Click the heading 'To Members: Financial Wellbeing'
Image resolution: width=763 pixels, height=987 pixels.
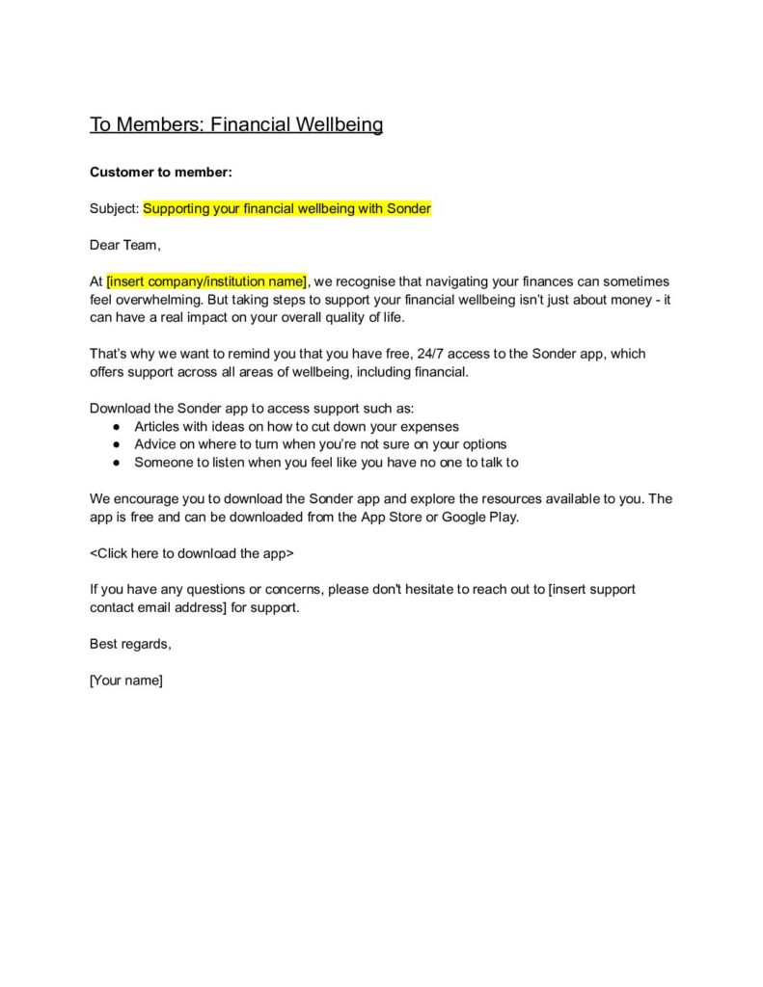click(x=236, y=124)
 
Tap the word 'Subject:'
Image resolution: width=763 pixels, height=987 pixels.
click(x=115, y=208)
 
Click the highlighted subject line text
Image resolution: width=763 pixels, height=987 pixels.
click(x=287, y=208)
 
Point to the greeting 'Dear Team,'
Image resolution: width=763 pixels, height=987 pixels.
click(x=125, y=245)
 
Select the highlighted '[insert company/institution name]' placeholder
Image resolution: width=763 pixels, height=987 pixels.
click(x=206, y=280)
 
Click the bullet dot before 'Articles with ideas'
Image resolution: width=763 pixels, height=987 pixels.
click(x=116, y=426)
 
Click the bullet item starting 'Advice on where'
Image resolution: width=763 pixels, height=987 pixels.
click(x=320, y=444)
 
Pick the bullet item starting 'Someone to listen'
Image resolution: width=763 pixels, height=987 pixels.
click(x=326, y=462)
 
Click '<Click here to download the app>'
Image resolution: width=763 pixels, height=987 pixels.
click(x=192, y=553)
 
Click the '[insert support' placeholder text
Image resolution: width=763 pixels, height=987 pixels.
click(x=591, y=589)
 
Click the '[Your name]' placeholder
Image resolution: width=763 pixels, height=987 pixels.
click(x=126, y=680)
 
